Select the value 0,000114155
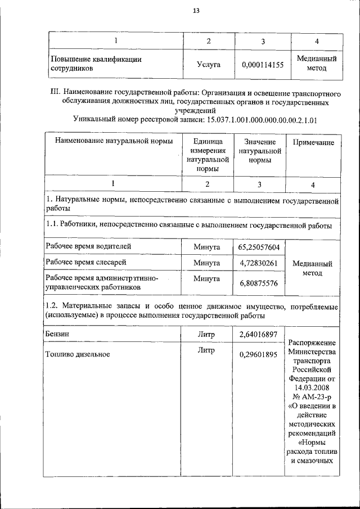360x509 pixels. [x=262, y=65]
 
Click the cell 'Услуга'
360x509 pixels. [x=209, y=65]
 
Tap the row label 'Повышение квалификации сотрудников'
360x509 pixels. [x=96, y=64]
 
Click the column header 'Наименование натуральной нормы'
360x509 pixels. [x=114, y=142]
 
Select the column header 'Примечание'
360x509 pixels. [x=313, y=142]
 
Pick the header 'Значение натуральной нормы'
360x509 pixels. [x=259, y=151]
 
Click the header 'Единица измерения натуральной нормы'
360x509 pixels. [x=207, y=155]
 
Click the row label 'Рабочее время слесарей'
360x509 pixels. [x=86, y=262]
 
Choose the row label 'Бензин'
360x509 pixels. [x=58, y=334]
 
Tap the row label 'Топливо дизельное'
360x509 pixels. [x=78, y=354]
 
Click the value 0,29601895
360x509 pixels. [x=258, y=354]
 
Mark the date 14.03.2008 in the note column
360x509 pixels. [x=313, y=388]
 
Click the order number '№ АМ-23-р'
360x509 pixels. [x=313, y=397]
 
